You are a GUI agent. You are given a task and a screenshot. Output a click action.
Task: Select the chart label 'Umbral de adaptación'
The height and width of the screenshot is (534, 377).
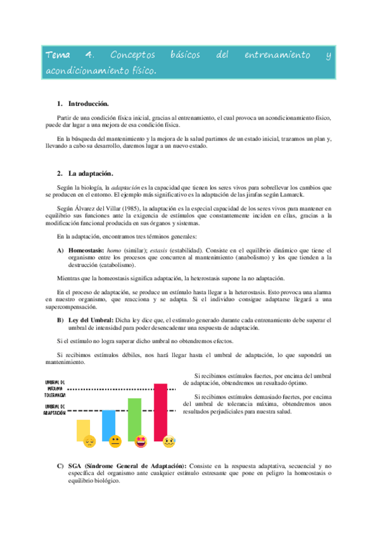pos(56,410)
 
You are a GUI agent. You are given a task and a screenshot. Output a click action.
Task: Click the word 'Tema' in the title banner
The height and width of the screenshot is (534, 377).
pos(59,55)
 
